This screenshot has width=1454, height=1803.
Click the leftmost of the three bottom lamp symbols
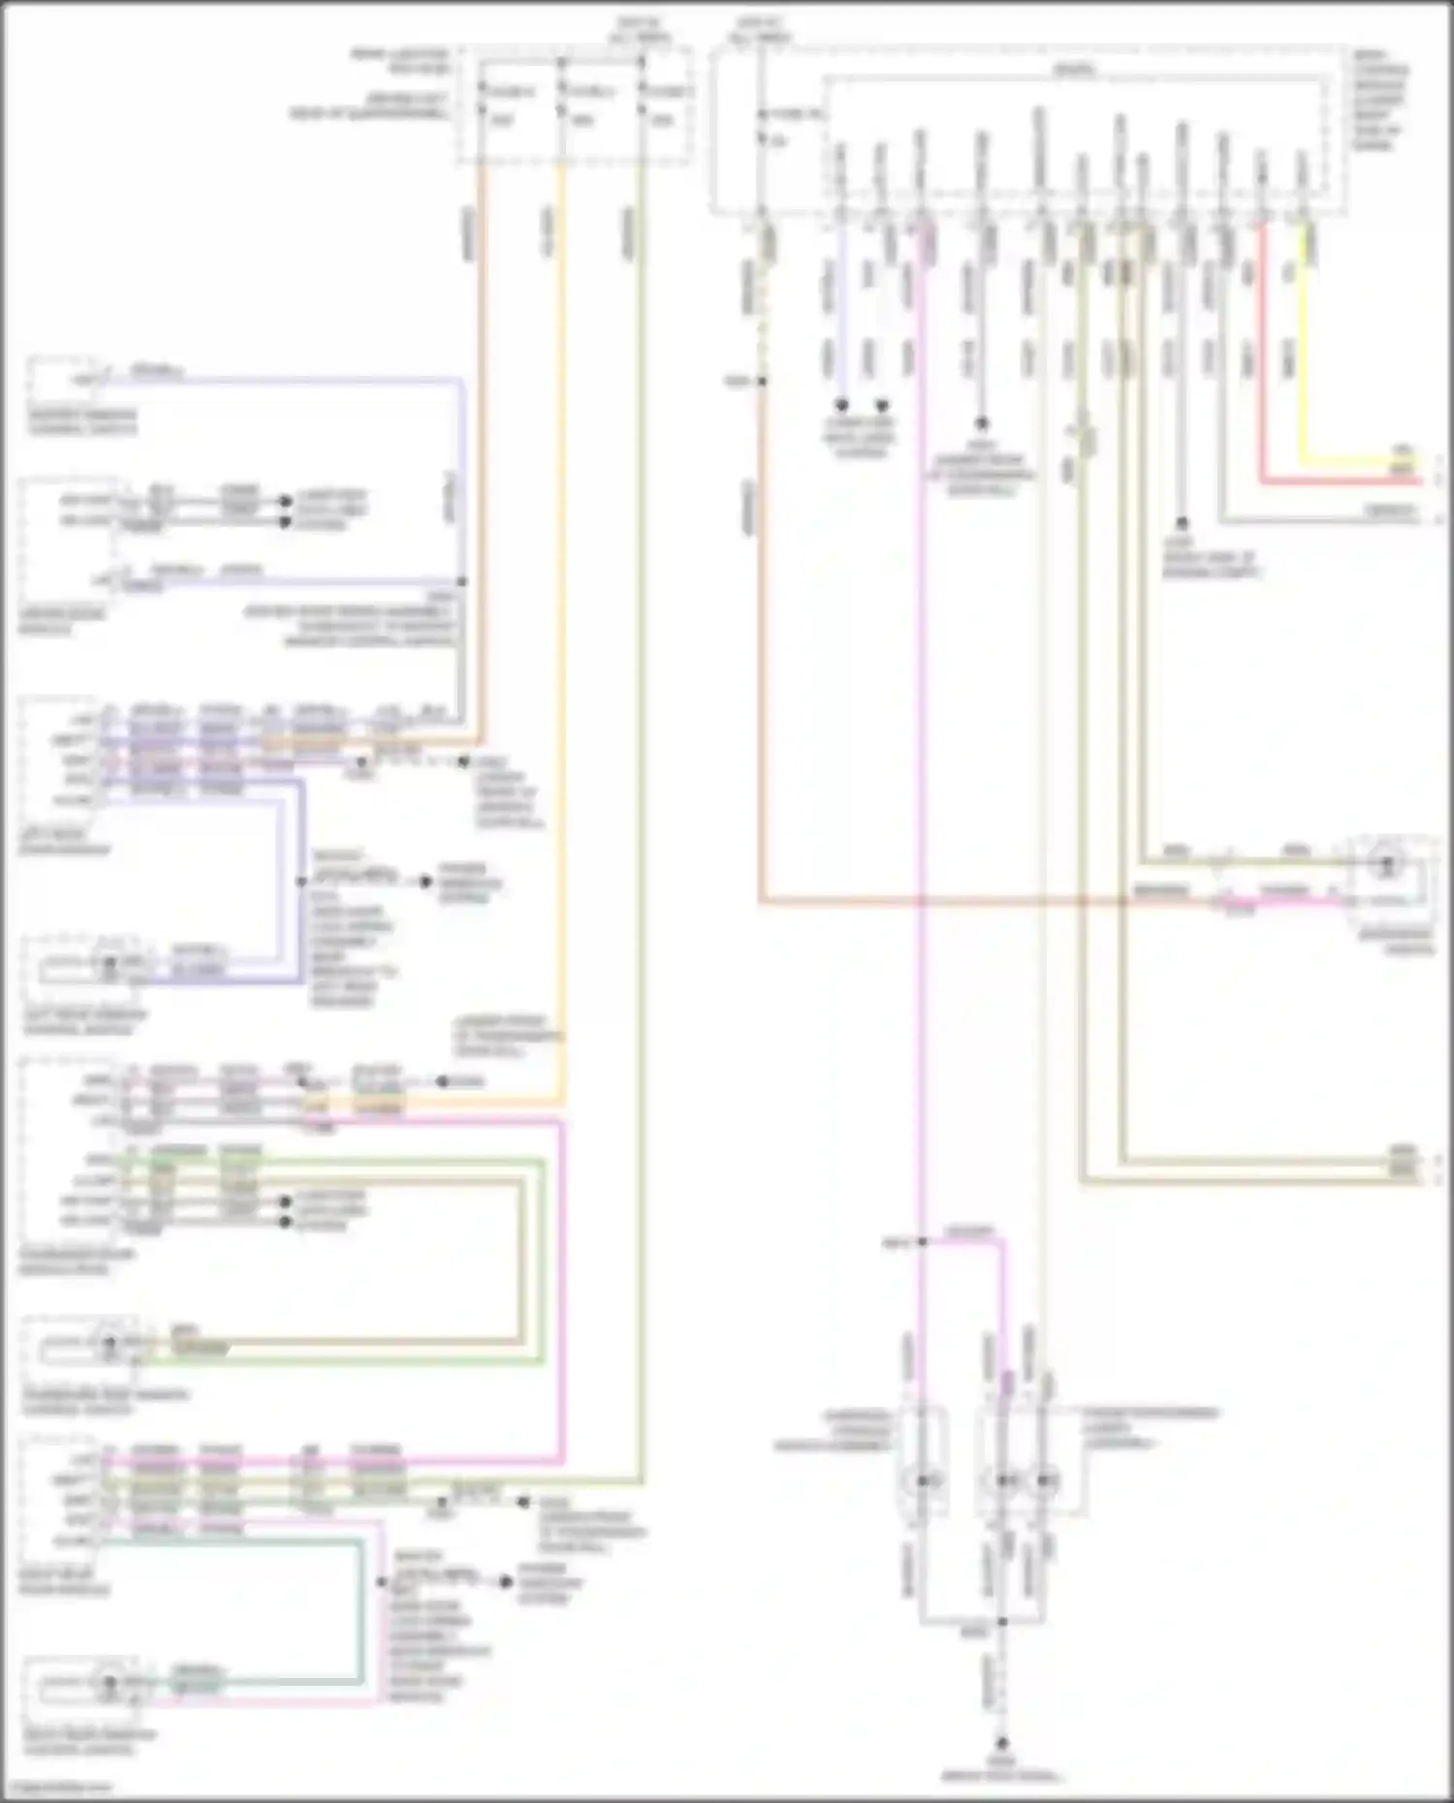click(923, 1480)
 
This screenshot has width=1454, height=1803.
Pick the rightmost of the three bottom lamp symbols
click(1043, 1480)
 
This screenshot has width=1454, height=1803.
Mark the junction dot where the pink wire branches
click(921, 1241)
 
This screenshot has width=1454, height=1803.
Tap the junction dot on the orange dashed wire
click(762, 382)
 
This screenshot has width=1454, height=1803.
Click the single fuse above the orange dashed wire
click(762, 126)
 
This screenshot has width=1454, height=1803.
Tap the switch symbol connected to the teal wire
click(110, 1683)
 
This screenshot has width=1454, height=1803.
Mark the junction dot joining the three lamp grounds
click(1003, 1621)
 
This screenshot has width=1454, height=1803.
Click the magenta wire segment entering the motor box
click(1289, 901)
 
